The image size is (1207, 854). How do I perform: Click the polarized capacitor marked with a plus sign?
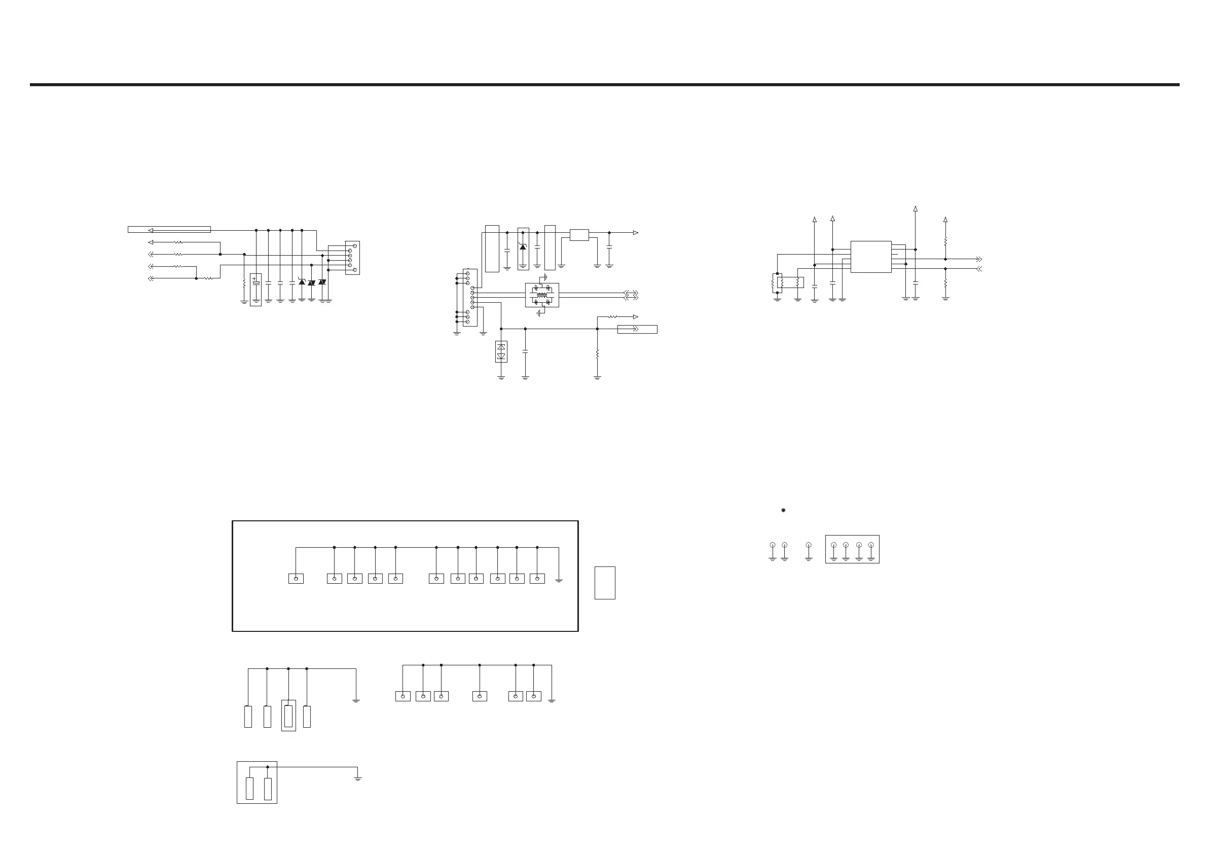click(255, 290)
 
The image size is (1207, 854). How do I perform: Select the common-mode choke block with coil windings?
click(541, 295)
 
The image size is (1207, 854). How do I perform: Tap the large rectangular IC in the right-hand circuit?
click(870, 257)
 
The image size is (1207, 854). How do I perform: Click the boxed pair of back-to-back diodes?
click(501, 352)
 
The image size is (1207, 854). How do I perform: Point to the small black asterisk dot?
click(783, 511)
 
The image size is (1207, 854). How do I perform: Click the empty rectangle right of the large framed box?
click(605, 583)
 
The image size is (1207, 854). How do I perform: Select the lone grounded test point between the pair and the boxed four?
click(809, 545)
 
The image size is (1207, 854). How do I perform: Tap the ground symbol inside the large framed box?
click(559, 580)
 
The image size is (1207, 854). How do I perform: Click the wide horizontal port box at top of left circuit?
click(169, 229)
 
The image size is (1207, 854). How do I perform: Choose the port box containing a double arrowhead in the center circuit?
click(637, 330)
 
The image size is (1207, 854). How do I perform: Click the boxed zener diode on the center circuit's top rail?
click(523, 248)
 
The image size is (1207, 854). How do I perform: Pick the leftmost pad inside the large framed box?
click(296, 579)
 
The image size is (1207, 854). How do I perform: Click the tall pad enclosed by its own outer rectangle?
click(288, 716)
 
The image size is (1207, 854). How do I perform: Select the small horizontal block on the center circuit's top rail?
click(579, 235)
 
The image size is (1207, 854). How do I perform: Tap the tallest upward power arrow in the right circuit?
click(915, 209)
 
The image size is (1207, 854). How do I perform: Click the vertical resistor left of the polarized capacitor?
click(244, 283)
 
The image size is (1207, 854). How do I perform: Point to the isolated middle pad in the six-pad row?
click(480, 696)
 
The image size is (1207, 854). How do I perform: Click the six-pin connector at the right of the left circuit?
click(352, 258)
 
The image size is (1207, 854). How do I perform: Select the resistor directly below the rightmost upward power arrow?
click(945, 241)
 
